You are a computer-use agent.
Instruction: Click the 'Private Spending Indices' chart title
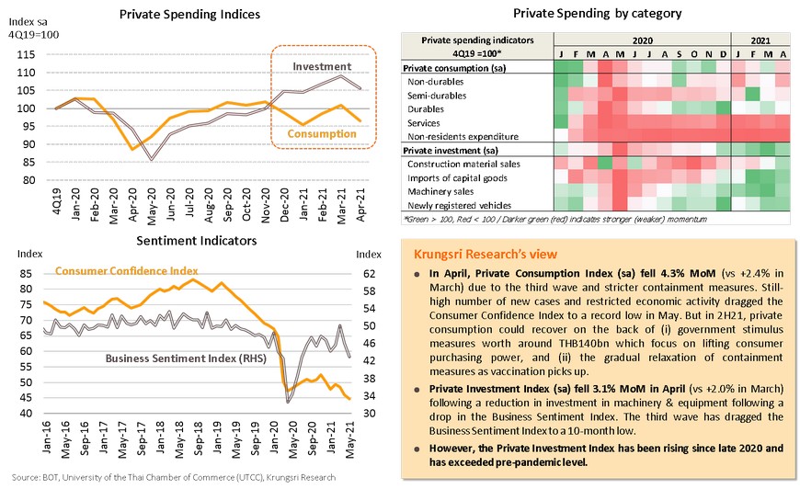(x=190, y=15)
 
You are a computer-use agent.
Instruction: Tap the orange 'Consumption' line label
(x=321, y=134)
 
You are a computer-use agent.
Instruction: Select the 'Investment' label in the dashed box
(x=322, y=67)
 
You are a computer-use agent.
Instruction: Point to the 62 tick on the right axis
(x=365, y=274)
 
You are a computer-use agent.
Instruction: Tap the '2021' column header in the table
(x=760, y=40)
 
